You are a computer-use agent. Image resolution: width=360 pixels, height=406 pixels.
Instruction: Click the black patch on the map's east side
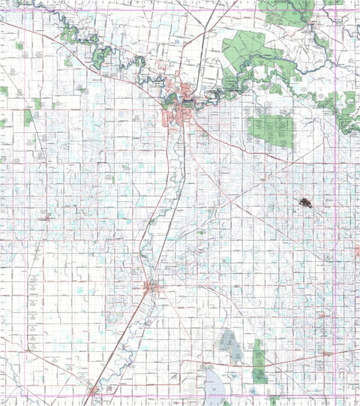point(304,203)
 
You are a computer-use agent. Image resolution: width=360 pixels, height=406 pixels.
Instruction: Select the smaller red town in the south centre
point(151,286)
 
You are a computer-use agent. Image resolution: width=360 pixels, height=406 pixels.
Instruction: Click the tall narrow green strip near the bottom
point(259,360)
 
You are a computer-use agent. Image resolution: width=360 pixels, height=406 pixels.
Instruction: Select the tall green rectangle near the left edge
point(28,117)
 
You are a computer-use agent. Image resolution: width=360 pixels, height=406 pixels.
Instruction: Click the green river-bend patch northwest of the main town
point(101,56)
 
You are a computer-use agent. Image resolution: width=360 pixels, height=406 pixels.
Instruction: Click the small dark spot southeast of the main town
point(200,232)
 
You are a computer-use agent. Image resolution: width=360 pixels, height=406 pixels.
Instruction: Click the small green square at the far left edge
point(4,91)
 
